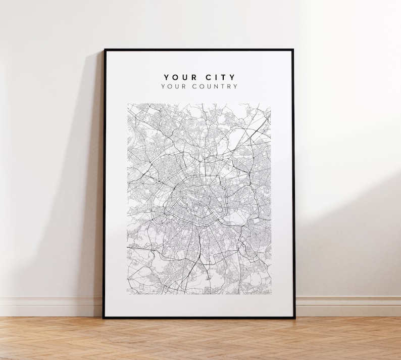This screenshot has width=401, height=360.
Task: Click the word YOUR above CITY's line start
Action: pyautogui.click(x=179, y=77)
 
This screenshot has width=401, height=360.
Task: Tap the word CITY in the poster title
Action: pyautogui.click(x=220, y=77)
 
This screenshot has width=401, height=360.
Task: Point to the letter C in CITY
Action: pyautogui.click(x=208, y=77)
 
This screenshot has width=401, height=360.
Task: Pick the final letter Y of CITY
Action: pyautogui.click(x=232, y=77)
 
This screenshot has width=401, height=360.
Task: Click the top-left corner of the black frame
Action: pyautogui.click(x=105, y=50)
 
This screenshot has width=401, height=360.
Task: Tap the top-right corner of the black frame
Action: pyautogui.click(x=293, y=50)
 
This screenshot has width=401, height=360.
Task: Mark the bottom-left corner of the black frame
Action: pyautogui.click(x=103, y=318)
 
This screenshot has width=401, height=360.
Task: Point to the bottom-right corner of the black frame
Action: pyautogui.click(x=295, y=318)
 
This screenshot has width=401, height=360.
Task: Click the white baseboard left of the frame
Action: pyautogui.click(x=51, y=306)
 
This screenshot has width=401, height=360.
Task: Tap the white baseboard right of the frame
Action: pyautogui.click(x=348, y=306)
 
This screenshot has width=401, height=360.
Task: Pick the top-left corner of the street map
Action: pyautogui.click(x=127, y=104)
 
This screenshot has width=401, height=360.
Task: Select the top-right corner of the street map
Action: pyautogui.click(x=271, y=104)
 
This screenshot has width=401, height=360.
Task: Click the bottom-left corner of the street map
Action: pyautogui.click(x=127, y=294)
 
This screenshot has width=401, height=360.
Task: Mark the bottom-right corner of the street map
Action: pyautogui.click(x=271, y=294)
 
